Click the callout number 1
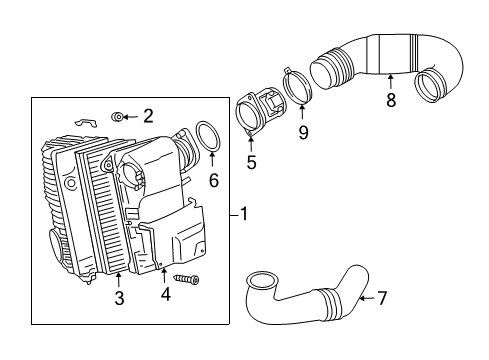[244, 214]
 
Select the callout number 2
[148, 116]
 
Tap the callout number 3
[119, 298]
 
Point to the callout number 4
[165, 294]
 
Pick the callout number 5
[252, 162]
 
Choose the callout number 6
[214, 180]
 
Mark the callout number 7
[382, 298]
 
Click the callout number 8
[391, 100]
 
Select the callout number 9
[303, 132]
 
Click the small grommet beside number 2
[116, 117]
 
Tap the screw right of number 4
[186, 279]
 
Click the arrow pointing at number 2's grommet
[131, 117]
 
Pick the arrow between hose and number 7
[367, 298]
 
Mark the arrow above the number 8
[390, 82]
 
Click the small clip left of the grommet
[86, 122]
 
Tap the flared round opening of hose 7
[262, 281]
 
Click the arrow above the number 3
[119, 280]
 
